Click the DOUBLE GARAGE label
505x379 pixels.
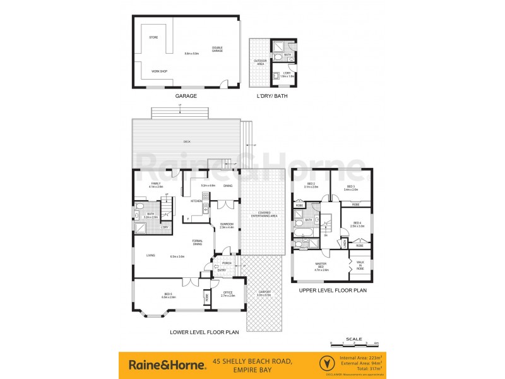click(x=217, y=49)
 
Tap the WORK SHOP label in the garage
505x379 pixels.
click(x=159, y=71)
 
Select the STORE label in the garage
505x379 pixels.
click(x=153, y=38)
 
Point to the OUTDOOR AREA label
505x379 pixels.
click(x=259, y=62)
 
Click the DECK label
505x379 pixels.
click(x=187, y=141)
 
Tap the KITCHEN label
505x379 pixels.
click(x=196, y=201)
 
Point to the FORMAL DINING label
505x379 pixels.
click(x=198, y=243)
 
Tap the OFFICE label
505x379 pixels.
click(x=228, y=293)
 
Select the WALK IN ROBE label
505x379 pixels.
click(x=360, y=265)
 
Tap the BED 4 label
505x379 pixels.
click(x=357, y=224)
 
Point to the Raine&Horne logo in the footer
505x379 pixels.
click(x=167, y=364)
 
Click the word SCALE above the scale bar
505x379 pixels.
click(x=354, y=339)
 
